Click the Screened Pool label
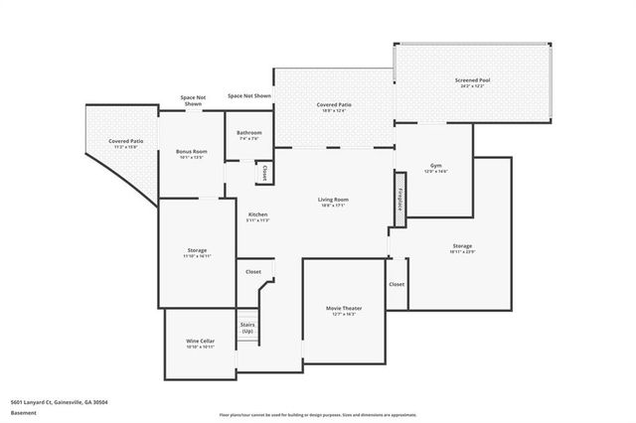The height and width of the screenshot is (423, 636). [x=472, y=80]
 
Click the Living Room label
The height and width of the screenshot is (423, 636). [x=333, y=201]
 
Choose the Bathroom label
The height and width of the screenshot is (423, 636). [x=248, y=133]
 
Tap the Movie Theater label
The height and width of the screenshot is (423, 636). [x=344, y=309]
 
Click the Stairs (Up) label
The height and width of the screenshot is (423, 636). [x=247, y=327]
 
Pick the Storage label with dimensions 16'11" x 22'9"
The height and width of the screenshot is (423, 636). [x=462, y=245]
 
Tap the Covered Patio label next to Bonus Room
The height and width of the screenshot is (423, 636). [x=125, y=142]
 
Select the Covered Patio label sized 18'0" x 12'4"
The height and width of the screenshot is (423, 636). [x=333, y=104]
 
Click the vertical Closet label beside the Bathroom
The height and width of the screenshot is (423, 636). [x=263, y=172]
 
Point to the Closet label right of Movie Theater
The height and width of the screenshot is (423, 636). [x=397, y=284]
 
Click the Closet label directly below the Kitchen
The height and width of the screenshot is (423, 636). [x=253, y=271]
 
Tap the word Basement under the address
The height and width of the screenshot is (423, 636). [x=22, y=411]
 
